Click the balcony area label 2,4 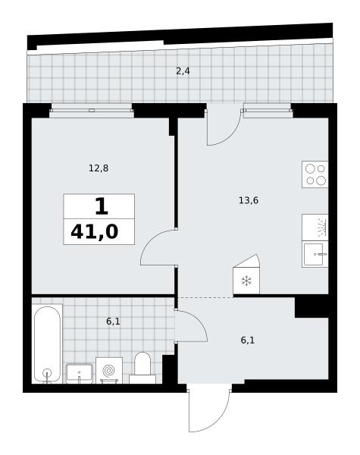point(183,71)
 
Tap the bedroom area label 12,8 point(99,168)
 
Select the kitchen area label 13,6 point(249,200)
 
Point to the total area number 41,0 point(95,232)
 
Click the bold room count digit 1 point(102,206)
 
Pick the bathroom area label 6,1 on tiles point(113,322)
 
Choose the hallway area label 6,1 point(248,340)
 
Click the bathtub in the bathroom point(47,344)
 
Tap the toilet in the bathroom point(142,368)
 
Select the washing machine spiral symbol point(109,371)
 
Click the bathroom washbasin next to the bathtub point(79,373)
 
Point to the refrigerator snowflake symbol point(246,281)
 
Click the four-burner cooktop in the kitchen point(315,174)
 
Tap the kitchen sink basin point(315,254)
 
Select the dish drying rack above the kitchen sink point(315,227)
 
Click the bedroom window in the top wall point(92,110)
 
